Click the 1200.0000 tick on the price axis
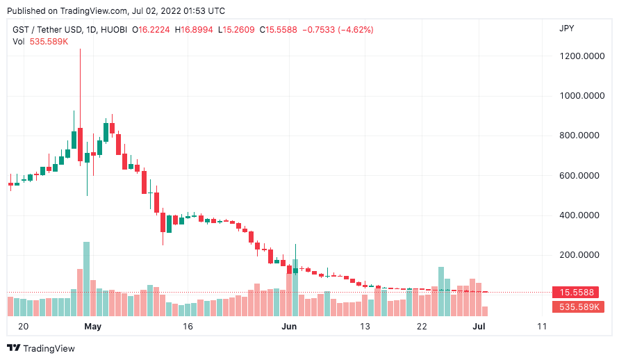click(x=582, y=56)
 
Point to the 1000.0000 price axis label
click(x=582, y=96)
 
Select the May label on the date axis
click(x=92, y=326)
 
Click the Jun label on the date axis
click(x=290, y=326)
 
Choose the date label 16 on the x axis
click(x=187, y=326)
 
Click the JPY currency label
click(x=567, y=28)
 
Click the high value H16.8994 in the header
click(x=196, y=30)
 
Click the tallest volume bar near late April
click(x=87, y=279)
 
